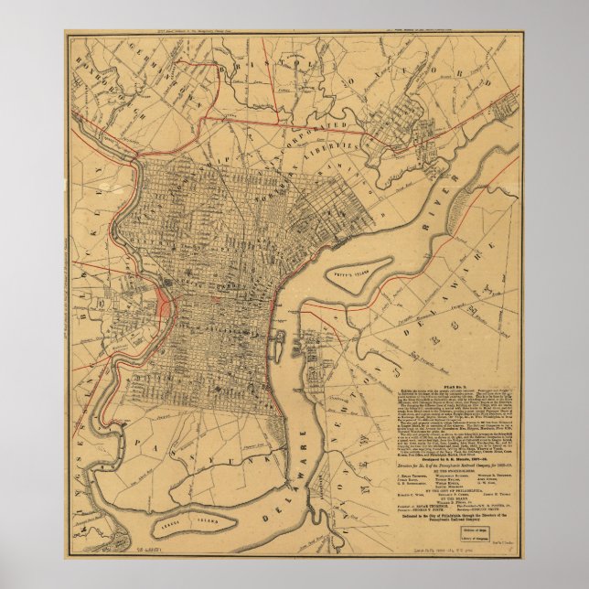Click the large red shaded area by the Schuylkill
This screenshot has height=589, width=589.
pos(166,305)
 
